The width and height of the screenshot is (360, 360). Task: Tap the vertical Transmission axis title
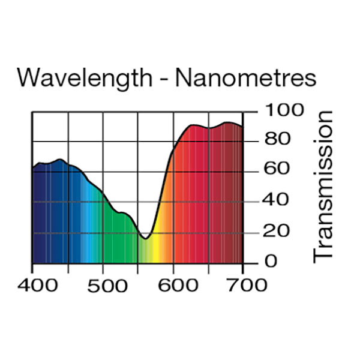[x=323, y=185]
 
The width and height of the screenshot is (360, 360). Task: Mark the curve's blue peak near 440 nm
[x=59, y=160]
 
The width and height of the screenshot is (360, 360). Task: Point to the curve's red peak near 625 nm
[x=193, y=125]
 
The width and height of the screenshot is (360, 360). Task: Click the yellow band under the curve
[x=155, y=252]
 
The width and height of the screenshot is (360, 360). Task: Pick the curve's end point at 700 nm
[x=242, y=127]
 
